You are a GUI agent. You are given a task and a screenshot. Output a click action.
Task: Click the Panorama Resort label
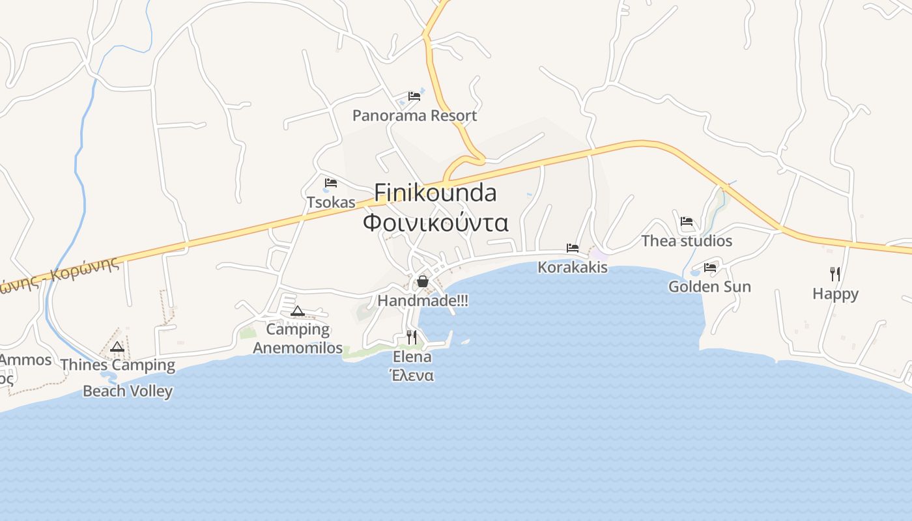point(414,116)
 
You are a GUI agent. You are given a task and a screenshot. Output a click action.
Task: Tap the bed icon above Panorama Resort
point(414,96)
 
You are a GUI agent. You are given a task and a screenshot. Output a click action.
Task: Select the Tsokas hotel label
point(331,203)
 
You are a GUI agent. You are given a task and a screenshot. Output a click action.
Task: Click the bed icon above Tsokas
point(331,183)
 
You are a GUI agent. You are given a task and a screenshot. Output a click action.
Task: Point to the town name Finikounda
point(435,193)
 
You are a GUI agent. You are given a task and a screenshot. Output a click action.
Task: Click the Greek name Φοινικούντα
point(435,223)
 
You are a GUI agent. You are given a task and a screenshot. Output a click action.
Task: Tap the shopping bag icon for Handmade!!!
point(423,281)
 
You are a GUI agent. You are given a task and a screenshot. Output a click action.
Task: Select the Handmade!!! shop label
point(423,301)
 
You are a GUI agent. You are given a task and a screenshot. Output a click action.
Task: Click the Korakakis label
point(573,268)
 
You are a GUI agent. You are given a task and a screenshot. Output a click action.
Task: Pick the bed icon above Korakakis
point(573,248)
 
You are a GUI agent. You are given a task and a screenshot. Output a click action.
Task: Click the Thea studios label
point(687,241)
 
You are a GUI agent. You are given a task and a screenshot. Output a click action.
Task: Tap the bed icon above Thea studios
point(687,221)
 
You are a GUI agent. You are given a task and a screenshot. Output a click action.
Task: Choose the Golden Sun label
point(709,287)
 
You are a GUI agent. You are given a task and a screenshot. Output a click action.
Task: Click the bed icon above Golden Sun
point(710,267)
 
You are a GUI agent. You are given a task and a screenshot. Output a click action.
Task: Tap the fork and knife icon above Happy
point(835,274)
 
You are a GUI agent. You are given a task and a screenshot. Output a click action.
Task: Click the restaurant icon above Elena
point(412,337)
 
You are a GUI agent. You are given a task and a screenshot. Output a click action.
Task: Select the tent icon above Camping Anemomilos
point(298,311)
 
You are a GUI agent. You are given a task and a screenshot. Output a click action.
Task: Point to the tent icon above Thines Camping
point(117,346)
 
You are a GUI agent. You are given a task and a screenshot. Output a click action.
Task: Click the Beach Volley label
point(128,391)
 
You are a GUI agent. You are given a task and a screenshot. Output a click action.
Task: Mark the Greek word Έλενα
point(412,376)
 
